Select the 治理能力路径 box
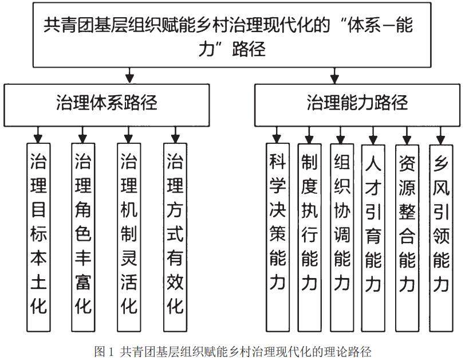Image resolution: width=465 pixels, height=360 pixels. pos(357,104)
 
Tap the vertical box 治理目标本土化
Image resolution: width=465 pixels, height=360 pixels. pos(38,235)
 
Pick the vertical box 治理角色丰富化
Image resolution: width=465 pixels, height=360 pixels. pos(82,235)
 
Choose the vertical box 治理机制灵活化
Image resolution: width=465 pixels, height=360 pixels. pos(129,235)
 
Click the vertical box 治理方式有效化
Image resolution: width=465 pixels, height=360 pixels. pos(175,235)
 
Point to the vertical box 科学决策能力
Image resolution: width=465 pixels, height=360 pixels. pos(277,235)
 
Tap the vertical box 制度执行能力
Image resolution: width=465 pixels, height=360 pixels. pos(309,235)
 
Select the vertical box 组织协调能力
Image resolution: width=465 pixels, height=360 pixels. pos(342,235)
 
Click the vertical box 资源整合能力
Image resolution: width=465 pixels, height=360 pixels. pos(407,235)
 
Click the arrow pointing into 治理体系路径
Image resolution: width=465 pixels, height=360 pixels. pos(131,76)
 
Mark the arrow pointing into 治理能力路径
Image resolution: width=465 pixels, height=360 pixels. pos(332,76)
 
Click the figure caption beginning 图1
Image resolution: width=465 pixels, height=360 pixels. pos(232,350)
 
